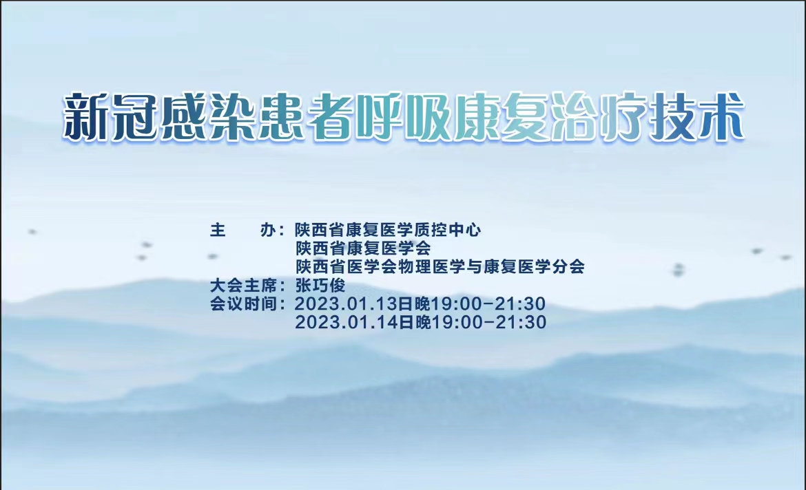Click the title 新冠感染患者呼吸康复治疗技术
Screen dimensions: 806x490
404,116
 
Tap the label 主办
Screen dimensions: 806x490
243,230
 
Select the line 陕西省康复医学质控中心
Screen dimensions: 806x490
388,230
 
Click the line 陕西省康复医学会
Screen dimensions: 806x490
363,248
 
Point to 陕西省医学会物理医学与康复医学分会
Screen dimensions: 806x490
440,266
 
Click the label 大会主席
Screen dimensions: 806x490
243,285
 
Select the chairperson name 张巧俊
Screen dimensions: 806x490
320,285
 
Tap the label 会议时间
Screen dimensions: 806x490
243,303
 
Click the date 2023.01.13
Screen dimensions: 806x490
347,303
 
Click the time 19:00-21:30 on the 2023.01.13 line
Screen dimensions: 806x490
488,303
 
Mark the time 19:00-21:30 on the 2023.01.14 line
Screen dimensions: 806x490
489,322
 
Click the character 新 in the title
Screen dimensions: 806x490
85,116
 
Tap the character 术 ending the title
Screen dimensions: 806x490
721,116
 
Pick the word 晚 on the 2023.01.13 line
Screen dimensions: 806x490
422,303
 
